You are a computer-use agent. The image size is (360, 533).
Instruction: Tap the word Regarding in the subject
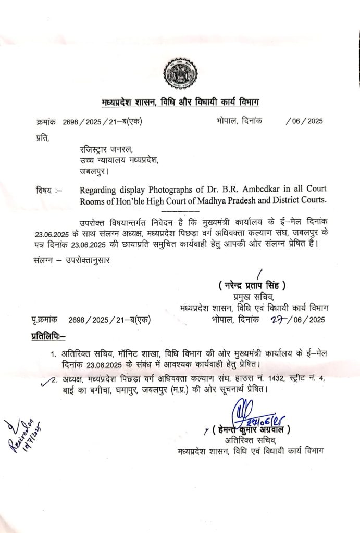point(99,188)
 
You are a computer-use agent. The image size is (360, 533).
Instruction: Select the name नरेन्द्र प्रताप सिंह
point(252,285)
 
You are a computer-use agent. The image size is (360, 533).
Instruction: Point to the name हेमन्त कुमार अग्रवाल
point(251,430)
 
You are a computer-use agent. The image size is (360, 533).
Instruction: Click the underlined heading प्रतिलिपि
point(48,338)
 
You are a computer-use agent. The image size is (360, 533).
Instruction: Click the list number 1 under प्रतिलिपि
point(53,355)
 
